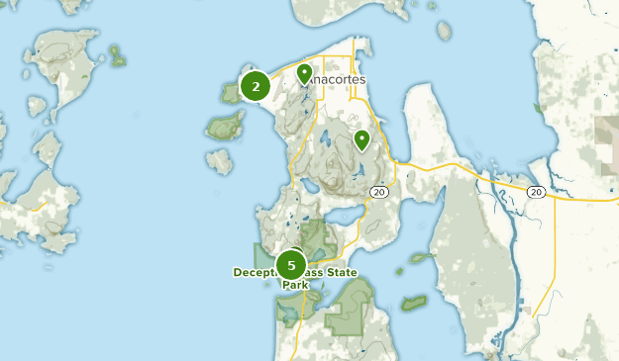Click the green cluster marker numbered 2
(256, 87)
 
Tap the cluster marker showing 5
(291, 265)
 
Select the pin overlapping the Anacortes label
(304, 73)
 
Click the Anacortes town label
(337, 79)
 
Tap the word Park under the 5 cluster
(295, 285)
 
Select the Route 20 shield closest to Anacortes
(378, 192)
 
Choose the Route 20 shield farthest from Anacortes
(536, 191)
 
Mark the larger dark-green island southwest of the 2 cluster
(226, 126)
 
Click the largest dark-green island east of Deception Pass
(413, 303)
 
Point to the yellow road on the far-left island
(40, 208)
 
